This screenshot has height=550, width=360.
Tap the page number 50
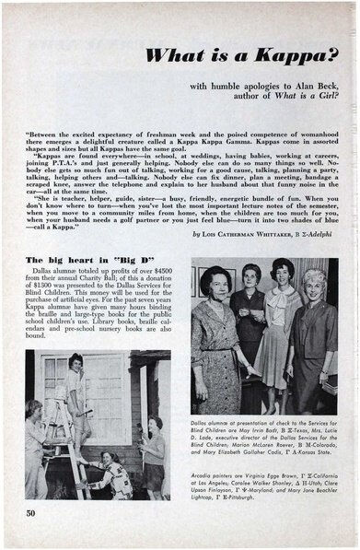point(30,511)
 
